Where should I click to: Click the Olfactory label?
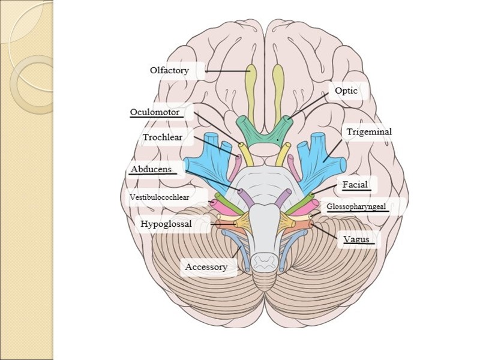(x=169, y=71)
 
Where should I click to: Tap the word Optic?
(x=346, y=91)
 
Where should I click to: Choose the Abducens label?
(x=151, y=170)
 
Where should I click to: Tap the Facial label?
(x=355, y=185)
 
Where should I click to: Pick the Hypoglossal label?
(x=166, y=224)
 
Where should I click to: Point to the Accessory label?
(x=206, y=267)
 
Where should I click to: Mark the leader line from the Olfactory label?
(x=228, y=71)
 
